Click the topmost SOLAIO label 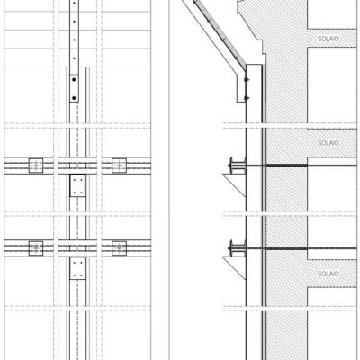point(328,39)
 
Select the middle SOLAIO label point(328,143)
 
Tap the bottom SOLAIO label point(328,274)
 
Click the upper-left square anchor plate point(36,166)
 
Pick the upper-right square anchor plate point(119,166)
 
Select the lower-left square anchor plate point(36,248)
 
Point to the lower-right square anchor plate point(119,248)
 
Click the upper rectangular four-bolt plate point(77,185)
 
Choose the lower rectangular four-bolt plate point(77,268)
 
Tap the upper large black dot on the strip point(74,80)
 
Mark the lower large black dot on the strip point(74,98)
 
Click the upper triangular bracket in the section point(234,185)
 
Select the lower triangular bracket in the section point(234,268)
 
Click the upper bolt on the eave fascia point(247,79)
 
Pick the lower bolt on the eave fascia point(247,98)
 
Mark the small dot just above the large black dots point(74,58)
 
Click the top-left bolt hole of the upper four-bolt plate point(74,179)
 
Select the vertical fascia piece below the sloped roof point(241,87)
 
